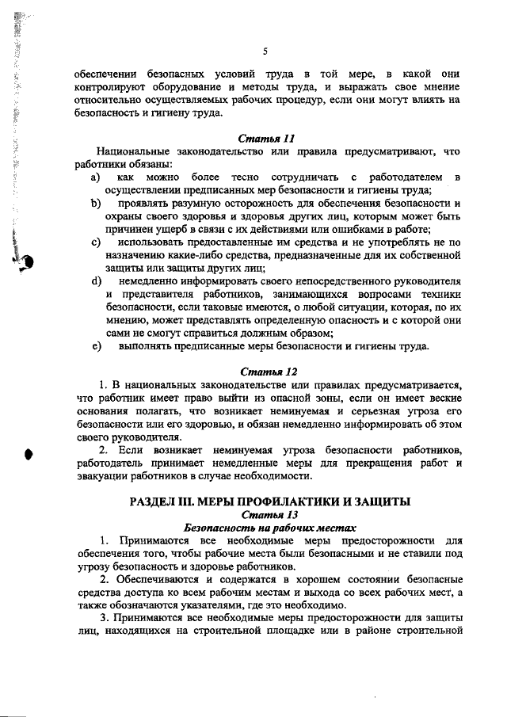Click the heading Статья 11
coord(261,138)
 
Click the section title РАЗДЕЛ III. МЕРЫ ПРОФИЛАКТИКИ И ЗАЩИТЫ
coord(261,501)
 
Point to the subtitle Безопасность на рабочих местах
coord(261,527)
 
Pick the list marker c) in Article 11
coord(96,242)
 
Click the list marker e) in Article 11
coord(96,345)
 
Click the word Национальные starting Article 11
coord(135,151)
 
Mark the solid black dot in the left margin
coord(29,453)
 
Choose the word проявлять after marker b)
coord(145,204)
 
